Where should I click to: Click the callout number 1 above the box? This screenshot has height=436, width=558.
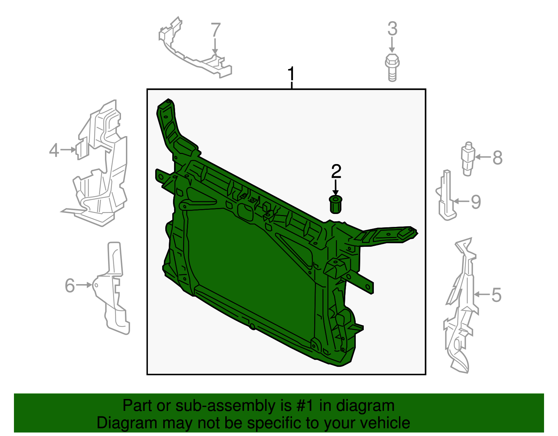(x=291, y=74)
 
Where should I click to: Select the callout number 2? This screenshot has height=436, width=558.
(x=336, y=171)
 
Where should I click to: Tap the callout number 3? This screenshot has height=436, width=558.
(x=392, y=29)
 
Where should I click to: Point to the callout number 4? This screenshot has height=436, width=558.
(x=54, y=150)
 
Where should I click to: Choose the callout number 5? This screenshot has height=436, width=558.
(x=496, y=295)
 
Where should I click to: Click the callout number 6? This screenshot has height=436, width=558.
(x=70, y=286)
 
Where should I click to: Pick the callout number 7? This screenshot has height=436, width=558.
(x=216, y=30)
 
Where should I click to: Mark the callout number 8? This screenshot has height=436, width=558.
(x=497, y=158)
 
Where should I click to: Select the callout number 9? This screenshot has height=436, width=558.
(x=476, y=202)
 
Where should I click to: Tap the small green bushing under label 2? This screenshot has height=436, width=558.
(x=335, y=205)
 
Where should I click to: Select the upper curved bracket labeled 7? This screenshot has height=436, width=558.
(x=195, y=52)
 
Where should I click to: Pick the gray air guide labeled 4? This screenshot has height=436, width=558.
(x=101, y=164)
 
